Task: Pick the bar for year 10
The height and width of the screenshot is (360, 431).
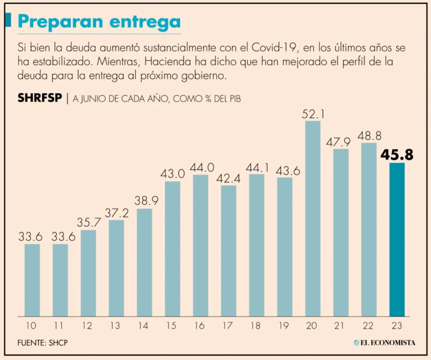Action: click(x=32, y=280)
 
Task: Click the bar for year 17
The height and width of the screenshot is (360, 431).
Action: click(x=229, y=251)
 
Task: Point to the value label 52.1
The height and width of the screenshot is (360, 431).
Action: click(x=312, y=114)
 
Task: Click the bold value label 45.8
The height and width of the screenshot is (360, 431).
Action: click(x=397, y=155)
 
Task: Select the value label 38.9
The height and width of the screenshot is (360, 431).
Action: click(x=144, y=201)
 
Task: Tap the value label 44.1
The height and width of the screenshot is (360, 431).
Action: click(x=256, y=167)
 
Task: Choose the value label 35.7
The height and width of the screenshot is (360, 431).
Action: click(x=88, y=222)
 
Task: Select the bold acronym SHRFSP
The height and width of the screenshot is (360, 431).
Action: click(x=40, y=99)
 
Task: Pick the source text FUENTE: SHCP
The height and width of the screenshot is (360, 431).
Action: click(x=43, y=343)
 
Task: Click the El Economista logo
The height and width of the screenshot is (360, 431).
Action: click(x=384, y=343)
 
